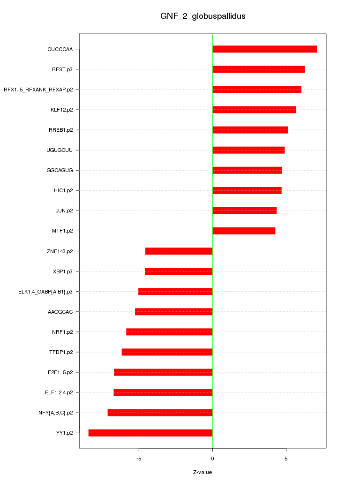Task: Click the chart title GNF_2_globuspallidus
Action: coord(202,16)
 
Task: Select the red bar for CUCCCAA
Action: coord(264,49)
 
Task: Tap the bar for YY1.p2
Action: coord(150,433)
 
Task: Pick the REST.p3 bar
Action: coord(258,69)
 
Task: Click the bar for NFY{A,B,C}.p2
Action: coord(160,413)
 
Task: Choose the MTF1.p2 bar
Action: coord(244,231)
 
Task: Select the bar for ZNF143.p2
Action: coord(179,251)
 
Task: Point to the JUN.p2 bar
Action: coord(244,211)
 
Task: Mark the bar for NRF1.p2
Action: coord(169,332)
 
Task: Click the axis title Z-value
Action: coord(202,472)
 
